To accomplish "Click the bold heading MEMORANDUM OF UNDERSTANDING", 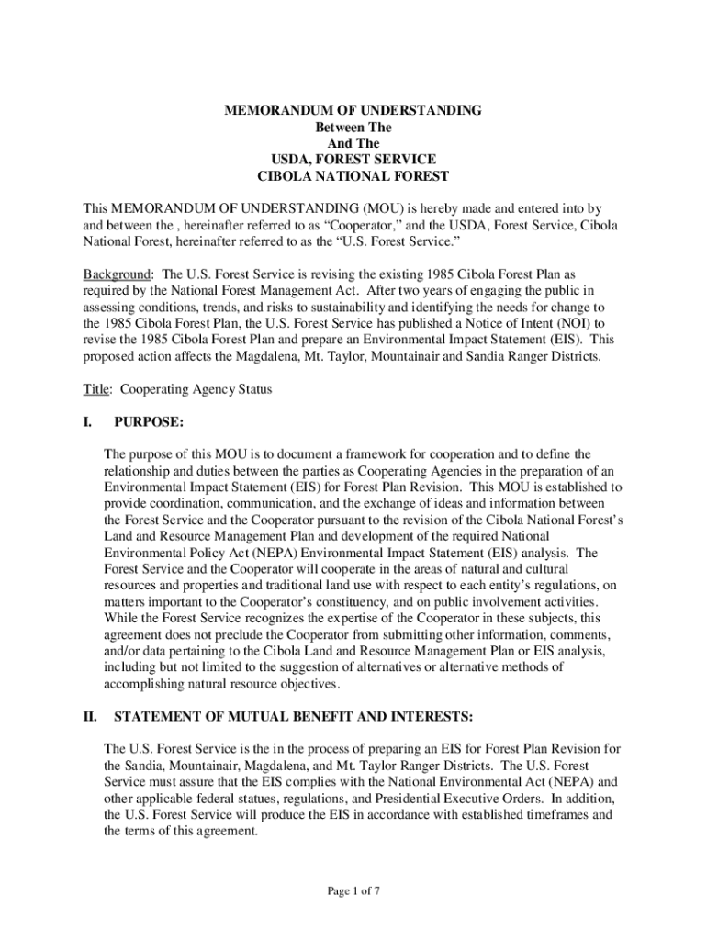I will click(353, 110).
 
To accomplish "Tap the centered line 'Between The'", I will click(353, 127).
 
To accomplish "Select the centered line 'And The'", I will click(353, 143).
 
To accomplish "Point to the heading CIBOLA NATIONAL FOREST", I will click(353, 176).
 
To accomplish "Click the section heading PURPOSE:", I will click(149, 421).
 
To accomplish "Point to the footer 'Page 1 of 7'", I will click(353, 890).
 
